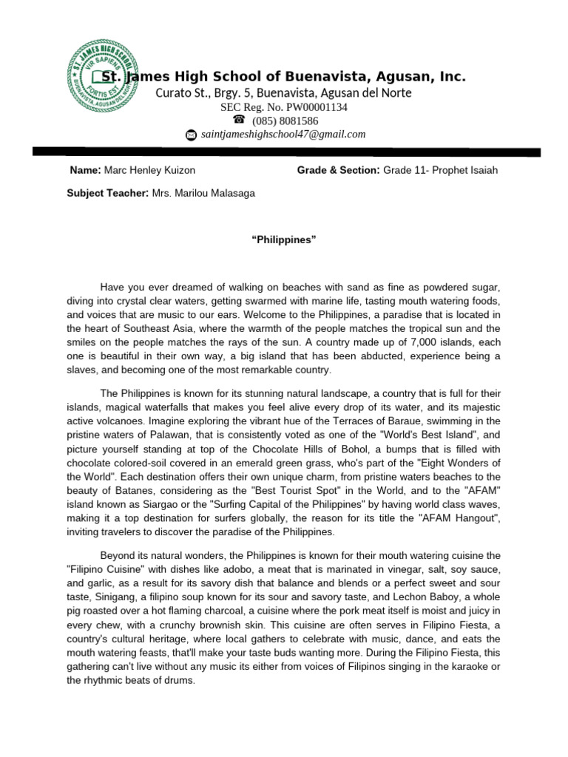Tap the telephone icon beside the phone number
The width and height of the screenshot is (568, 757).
[238, 120]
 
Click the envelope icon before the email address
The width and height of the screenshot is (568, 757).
[191, 135]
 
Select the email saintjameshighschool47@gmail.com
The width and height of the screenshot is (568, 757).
[283, 135]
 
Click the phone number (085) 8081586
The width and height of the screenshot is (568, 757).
[285, 120]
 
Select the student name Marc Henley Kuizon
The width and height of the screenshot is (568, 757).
[149, 171]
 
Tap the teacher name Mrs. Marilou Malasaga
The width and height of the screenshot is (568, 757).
[205, 194]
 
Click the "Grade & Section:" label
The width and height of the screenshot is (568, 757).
[338, 171]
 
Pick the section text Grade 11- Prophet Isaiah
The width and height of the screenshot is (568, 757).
[441, 171]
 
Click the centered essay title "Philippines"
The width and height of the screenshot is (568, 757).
[284, 241]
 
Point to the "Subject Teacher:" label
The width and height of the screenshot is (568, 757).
[107, 194]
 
